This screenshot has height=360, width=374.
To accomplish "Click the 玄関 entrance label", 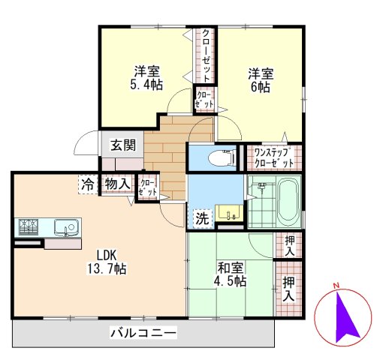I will pos(123,145).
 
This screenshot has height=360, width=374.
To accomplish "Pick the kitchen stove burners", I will pos(29,225).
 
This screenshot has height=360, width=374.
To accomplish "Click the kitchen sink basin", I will pos(65,226).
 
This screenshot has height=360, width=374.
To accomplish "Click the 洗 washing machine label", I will pos(202,219).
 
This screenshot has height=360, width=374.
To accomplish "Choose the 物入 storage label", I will pos(117,182).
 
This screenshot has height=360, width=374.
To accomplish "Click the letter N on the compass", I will pos(337,286).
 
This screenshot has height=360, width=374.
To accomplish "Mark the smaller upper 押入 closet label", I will pos(288,244).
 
